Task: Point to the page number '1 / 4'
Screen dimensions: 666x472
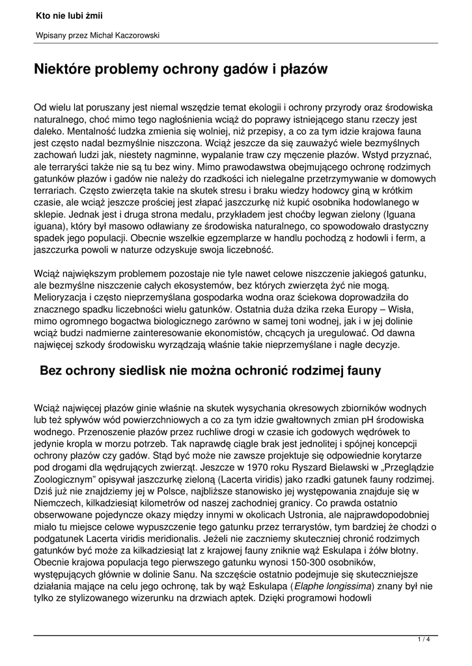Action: [424, 641]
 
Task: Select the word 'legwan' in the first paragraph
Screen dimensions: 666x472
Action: [335, 214]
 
